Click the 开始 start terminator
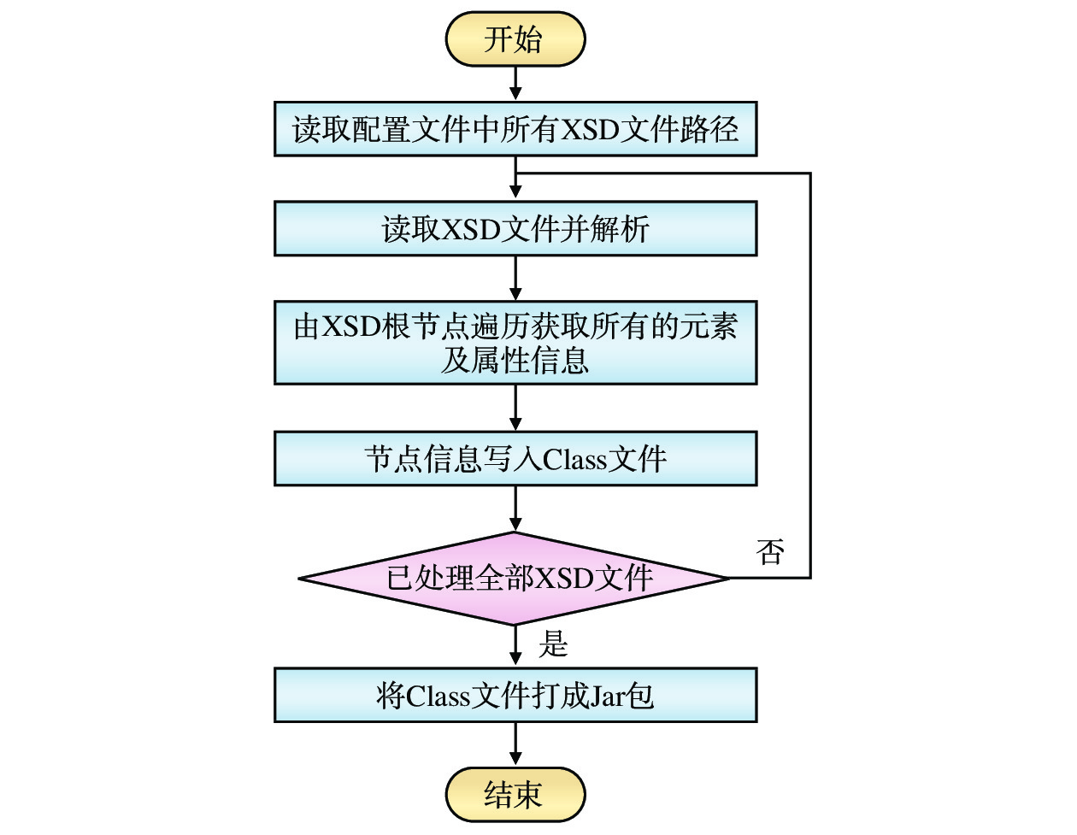click(x=515, y=39)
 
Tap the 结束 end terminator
click(x=515, y=794)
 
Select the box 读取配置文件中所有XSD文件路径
click(x=515, y=129)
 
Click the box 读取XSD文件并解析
click(x=515, y=228)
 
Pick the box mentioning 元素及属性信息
click(x=515, y=342)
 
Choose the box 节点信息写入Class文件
click(x=515, y=459)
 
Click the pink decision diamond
click(x=515, y=579)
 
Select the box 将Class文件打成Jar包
click(x=515, y=695)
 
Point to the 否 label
click(x=770, y=552)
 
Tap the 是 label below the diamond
click(x=553, y=644)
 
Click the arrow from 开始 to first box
click(x=515, y=84)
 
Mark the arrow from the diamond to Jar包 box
click(x=515, y=646)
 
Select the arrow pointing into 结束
click(x=515, y=744)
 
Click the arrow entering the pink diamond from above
click(x=515, y=509)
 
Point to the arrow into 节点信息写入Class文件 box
click(x=515, y=408)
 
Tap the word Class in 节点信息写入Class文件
click(x=574, y=460)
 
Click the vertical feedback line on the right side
click(x=809, y=376)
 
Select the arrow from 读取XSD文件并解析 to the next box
click(x=515, y=278)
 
